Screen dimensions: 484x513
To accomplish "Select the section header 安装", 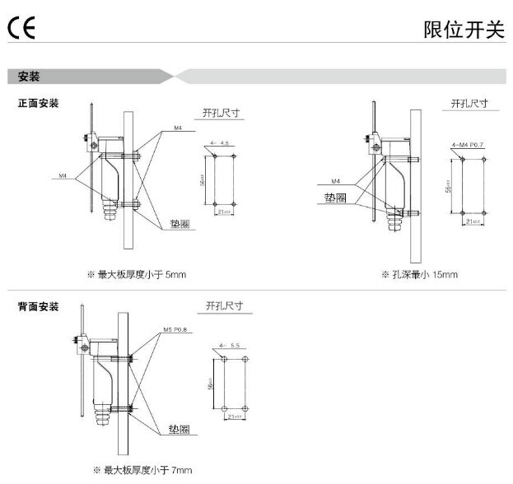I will (x=30, y=77).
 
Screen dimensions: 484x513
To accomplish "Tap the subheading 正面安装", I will (x=39, y=104).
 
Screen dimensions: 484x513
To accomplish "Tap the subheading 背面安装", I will (x=39, y=307).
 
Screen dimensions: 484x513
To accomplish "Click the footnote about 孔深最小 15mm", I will (x=419, y=274).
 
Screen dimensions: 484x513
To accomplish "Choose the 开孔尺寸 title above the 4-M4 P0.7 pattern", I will (x=469, y=104).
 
